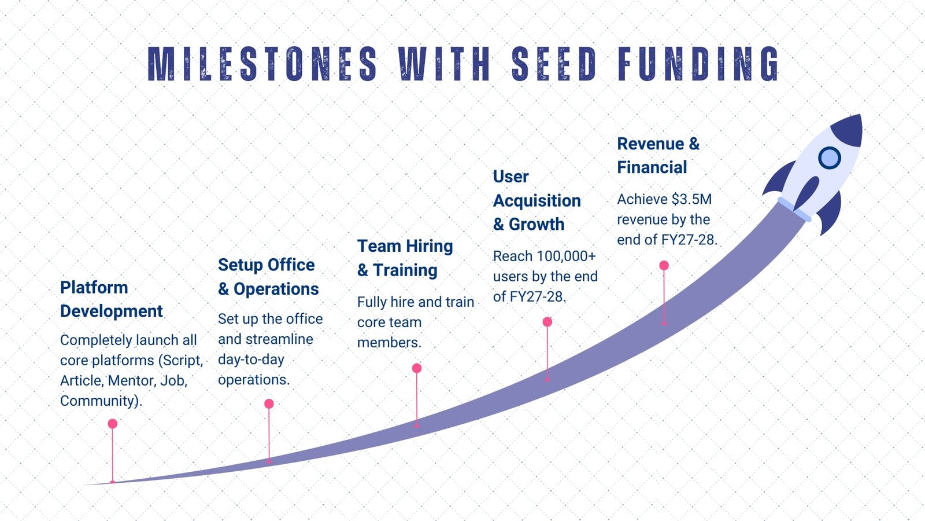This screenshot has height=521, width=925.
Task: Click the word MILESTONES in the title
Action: pos(262,64)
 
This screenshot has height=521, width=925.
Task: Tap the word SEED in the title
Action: pos(554,64)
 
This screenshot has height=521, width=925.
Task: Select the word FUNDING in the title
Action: pos(698,64)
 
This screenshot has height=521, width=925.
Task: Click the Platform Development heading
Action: pos(111,299)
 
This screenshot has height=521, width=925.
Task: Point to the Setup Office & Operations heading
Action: pos(268,277)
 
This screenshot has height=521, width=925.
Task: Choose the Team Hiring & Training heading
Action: pos(405,258)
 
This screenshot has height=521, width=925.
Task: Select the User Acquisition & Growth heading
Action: pos(536,200)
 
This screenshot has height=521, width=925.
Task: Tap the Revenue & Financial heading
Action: pos(658,156)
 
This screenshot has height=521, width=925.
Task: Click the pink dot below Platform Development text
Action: pos(112,423)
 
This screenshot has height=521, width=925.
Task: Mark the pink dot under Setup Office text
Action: pos(269,403)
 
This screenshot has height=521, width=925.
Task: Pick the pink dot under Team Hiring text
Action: pos(417,368)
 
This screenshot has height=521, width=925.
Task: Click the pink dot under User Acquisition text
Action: pos(547,322)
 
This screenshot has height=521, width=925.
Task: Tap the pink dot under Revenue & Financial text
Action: pos(664,266)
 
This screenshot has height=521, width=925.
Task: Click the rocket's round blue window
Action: pos(829,157)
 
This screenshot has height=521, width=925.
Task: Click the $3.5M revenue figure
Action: pos(691,199)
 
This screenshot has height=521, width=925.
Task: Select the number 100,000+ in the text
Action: pos(565,256)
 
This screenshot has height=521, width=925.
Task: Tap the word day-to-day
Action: pos(251,359)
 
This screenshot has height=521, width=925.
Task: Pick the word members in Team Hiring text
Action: pos(389,342)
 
